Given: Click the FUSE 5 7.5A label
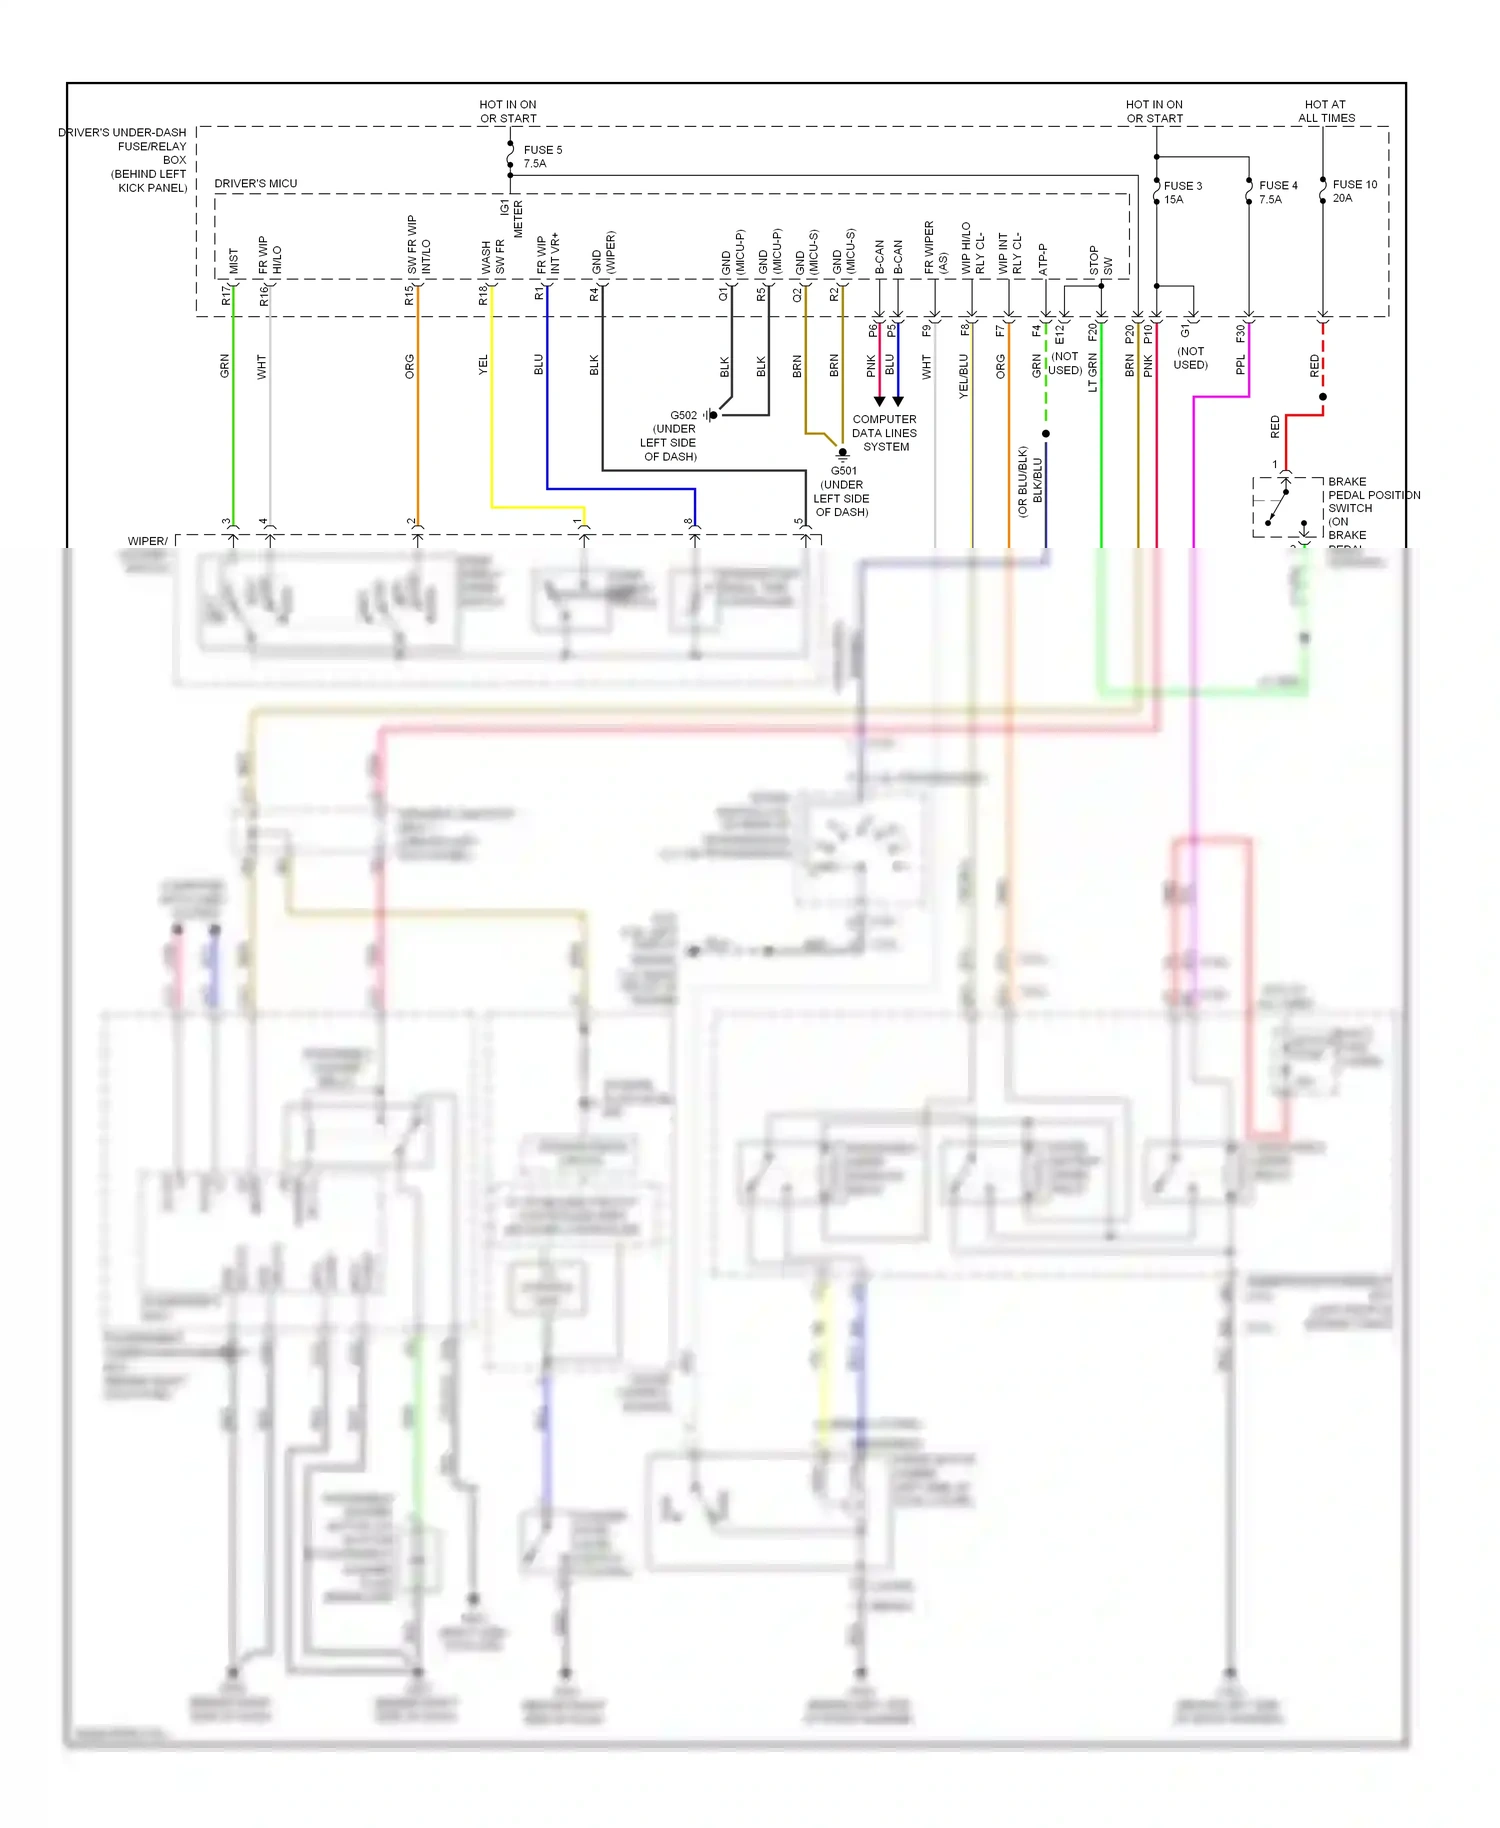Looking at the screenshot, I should (x=542, y=156).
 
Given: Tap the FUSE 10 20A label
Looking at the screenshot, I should (x=1354, y=191).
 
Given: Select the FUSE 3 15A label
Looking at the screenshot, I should (x=1182, y=192).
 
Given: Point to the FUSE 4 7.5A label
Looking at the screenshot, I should (x=1277, y=192).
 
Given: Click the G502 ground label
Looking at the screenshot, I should (x=670, y=435).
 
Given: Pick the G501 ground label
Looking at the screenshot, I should (x=842, y=491).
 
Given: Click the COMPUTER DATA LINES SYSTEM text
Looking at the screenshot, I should (x=884, y=433).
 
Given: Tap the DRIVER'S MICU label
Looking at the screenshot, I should (x=256, y=184).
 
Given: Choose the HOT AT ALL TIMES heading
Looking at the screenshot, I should (x=1325, y=111).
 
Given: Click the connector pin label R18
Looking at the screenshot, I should (x=483, y=295).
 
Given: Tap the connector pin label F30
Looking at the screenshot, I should (x=1240, y=332).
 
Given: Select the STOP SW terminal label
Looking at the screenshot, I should (x=1100, y=262).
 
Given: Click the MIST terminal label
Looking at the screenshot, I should (x=234, y=261).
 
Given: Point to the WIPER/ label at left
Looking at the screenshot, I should (x=147, y=541).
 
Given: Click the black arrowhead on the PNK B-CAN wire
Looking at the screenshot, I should (x=879, y=401).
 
